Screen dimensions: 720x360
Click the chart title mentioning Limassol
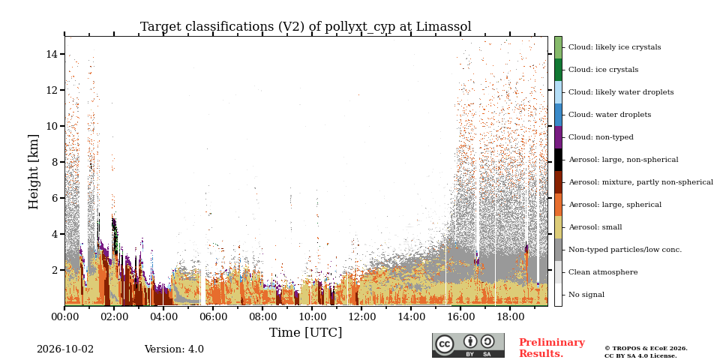click(x=306, y=27)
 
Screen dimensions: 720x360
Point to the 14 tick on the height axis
click(x=50, y=54)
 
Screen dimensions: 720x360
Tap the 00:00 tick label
click(x=64, y=316)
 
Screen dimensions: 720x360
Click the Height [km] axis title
click(x=34, y=172)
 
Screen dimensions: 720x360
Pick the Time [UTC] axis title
click(x=306, y=332)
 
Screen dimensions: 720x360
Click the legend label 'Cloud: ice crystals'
click(x=603, y=70)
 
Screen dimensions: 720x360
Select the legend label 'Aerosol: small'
click(x=595, y=227)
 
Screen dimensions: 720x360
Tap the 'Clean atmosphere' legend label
click(x=603, y=272)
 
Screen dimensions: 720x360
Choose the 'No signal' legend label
click(x=586, y=295)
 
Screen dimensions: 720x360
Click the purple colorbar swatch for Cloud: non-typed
click(x=558, y=137)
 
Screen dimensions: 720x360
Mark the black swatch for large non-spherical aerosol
click(x=558, y=160)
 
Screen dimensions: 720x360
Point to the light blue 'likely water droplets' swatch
click(x=558, y=92)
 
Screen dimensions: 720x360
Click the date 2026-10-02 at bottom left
click(x=65, y=349)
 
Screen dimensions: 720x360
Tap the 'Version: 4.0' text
click(x=174, y=349)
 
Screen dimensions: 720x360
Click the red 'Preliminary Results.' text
click(x=552, y=348)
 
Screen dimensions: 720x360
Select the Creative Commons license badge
click(x=468, y=345)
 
